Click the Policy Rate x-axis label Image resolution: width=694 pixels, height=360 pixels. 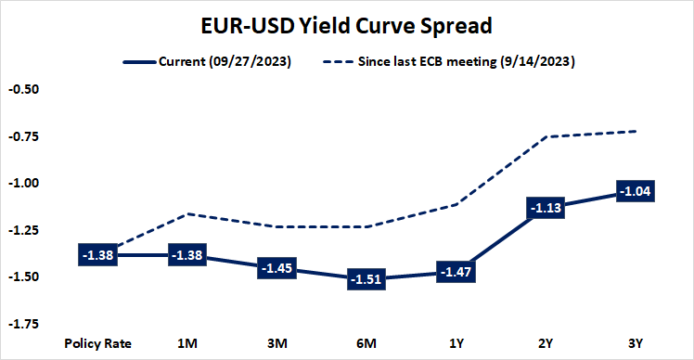point(97,343)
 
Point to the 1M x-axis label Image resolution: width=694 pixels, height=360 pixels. point(187,343)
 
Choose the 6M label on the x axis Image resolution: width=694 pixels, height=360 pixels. point(366,343)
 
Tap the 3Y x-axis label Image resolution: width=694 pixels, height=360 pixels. point(636,343)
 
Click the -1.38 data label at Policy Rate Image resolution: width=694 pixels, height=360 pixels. point(97,254)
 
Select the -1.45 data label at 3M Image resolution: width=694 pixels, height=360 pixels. point(276,267)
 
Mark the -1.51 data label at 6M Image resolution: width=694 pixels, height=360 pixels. point(366,278)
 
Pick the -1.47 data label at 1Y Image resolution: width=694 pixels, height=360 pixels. point(456,271)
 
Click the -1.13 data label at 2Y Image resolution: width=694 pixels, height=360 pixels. point(546,208)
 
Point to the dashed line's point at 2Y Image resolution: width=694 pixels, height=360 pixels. point(546,136)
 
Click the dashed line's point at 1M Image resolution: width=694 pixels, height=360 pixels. point(187,214)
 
